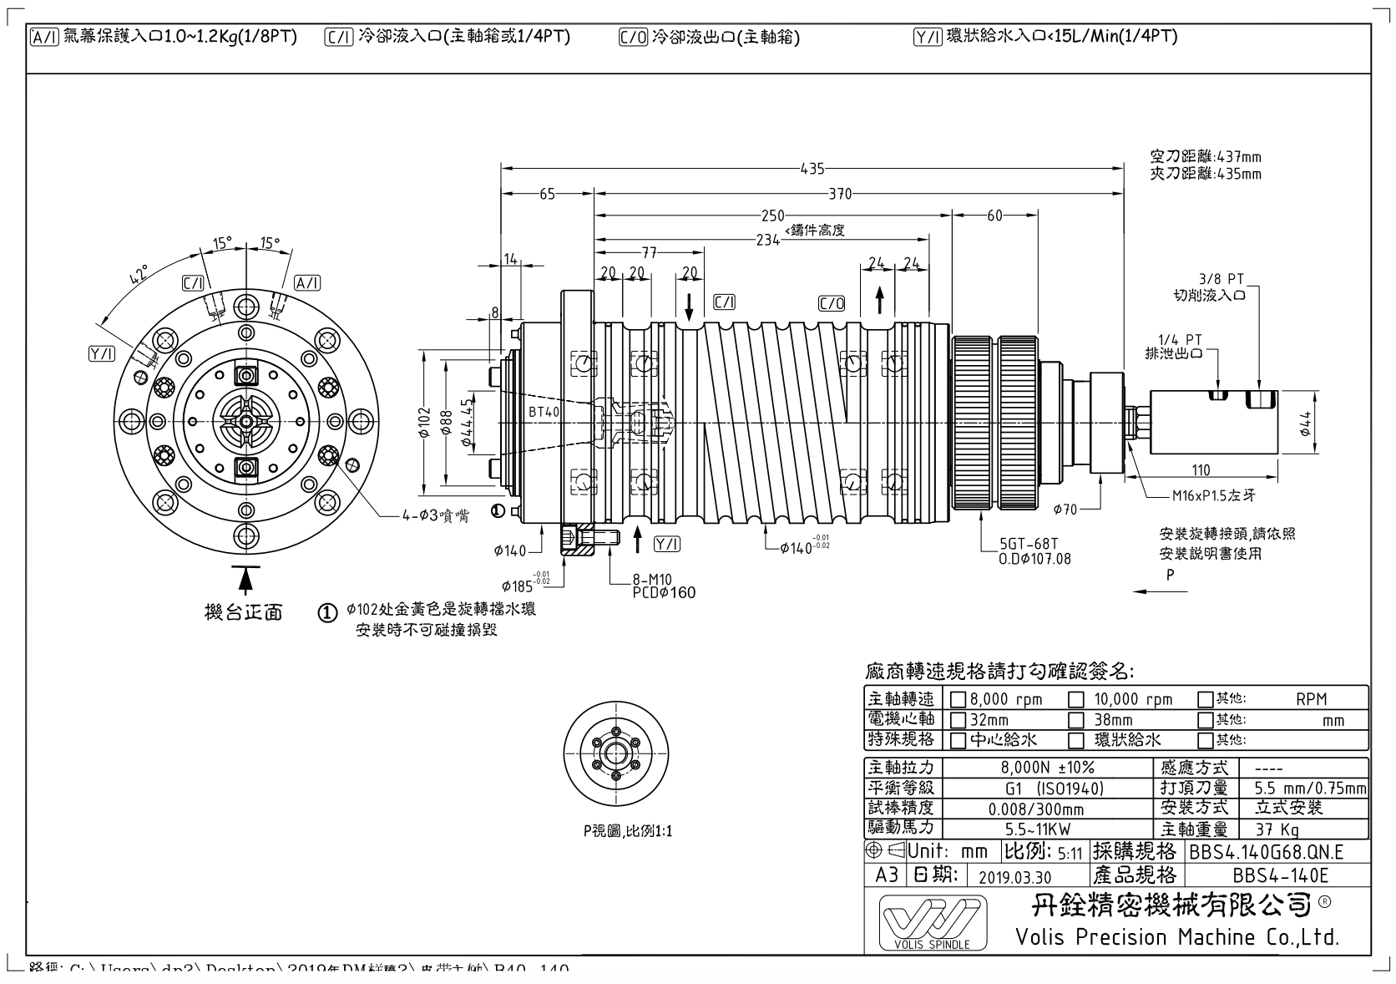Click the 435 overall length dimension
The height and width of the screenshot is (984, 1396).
[x=812, y=169]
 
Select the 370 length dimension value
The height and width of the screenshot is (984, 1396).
[x=840, y=194]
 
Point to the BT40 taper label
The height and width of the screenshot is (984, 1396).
[x=544, y=412]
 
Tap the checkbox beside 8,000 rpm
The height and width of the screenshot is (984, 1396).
[x=958, y=699]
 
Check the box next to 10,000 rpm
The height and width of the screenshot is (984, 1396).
[x=1077, y=699]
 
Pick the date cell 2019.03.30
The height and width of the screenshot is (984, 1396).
[x=1014, y=876]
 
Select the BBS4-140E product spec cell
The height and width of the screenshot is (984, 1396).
[x=1279, y=875]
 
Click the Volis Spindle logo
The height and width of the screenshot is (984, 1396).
[x=932, y=923]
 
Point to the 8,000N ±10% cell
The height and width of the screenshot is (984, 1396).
[x=1047, y=767]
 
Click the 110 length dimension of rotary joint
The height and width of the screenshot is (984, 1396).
[x=1201, y=470]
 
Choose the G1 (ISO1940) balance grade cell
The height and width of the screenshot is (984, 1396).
[x=1047, y=788]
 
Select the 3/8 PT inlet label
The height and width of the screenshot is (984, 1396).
[x=1221, y=277]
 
